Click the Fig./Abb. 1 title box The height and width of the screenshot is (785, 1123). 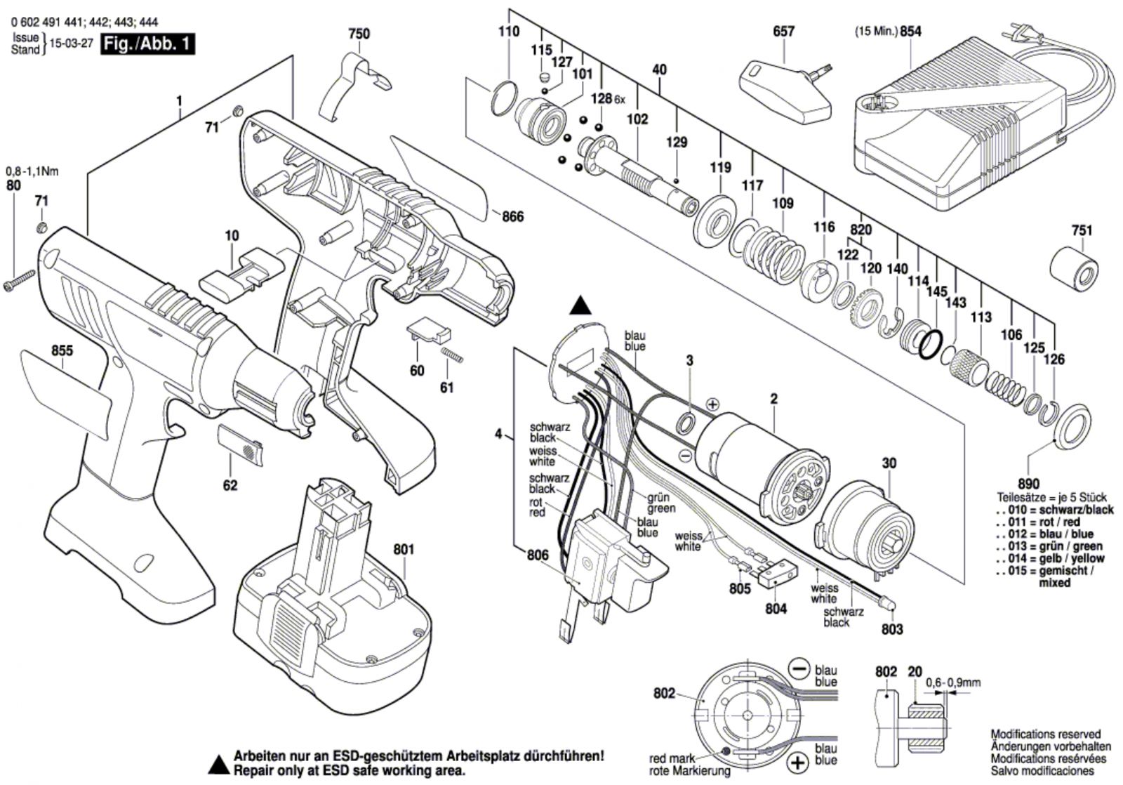(x=147, y=44)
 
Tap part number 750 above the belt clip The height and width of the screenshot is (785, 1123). (x=359, y=34)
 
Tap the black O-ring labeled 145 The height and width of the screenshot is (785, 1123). (x=931, y=345)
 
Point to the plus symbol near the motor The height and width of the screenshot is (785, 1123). (x=712, y=404)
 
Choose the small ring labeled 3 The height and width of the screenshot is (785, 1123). (x=687, y=423)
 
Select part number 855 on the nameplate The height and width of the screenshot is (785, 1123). (x=62, y=350)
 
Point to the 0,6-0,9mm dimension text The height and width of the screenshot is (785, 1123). (x=952, y=682)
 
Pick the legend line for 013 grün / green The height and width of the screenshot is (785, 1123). (x=1049, y=546)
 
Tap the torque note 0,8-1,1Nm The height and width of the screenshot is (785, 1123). (x=32, y=171)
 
